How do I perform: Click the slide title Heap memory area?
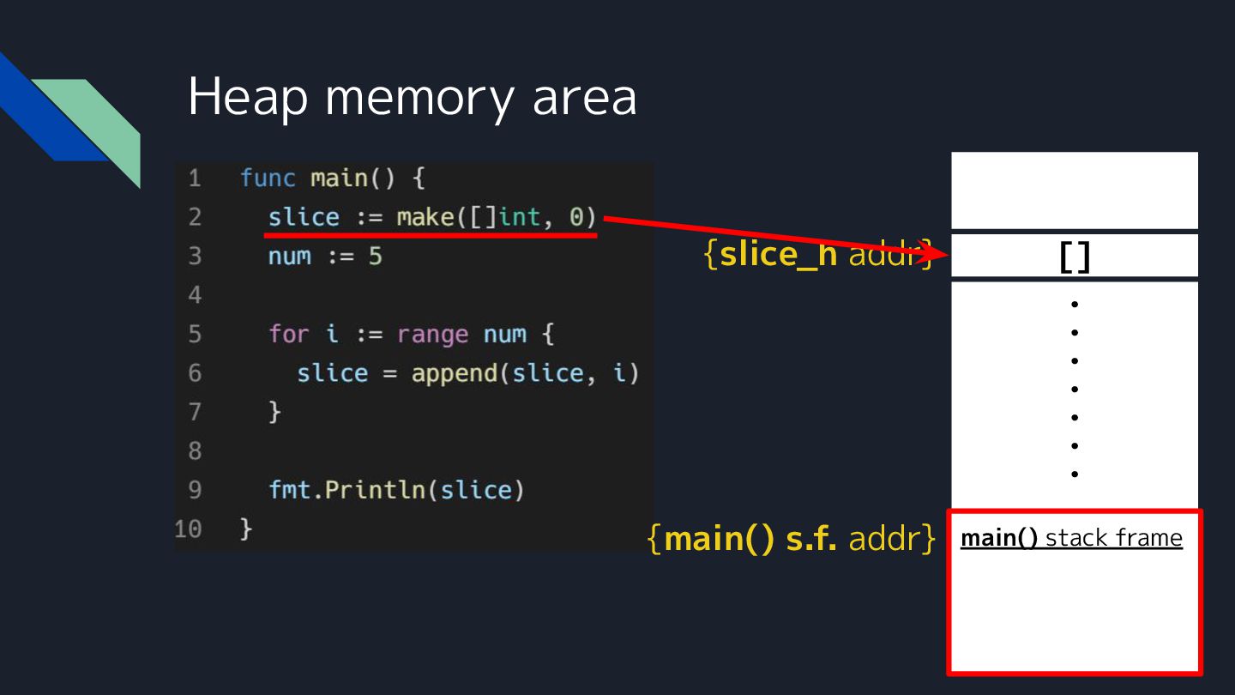(412, 96)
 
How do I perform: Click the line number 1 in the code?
(195, 178)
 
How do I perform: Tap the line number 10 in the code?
(188, 529)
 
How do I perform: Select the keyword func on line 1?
(268, 178)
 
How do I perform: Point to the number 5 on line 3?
(375, 256)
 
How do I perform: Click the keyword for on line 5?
(288, 334)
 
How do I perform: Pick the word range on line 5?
(432, 334)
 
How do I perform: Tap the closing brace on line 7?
(274, 412)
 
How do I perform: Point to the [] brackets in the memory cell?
(1074, 257)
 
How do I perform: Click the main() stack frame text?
(1071, 538)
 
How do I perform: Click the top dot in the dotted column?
(1074, 304)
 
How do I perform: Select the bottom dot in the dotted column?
(1074, 474)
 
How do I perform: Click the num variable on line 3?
(289, 256)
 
